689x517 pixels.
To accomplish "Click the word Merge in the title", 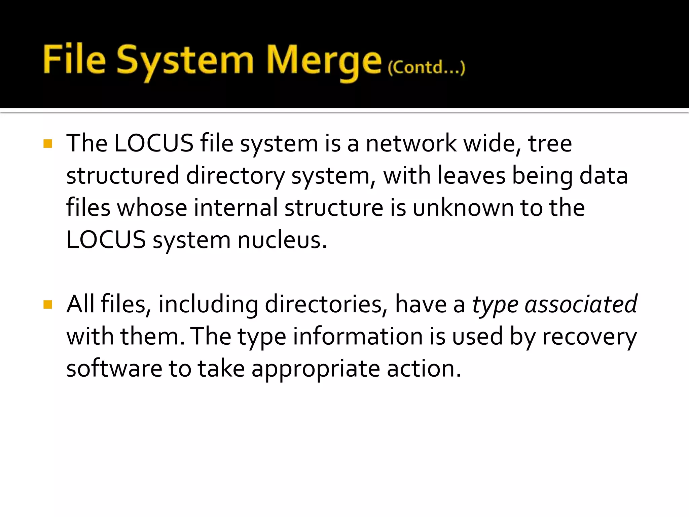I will (x=324, y=61).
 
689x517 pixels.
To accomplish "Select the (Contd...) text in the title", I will (x=426, y=68).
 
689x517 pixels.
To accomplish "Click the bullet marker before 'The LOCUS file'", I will (x=48, y=144).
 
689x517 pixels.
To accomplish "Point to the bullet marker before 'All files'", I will (x=48, y=305).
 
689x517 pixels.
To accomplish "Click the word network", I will (x=411, y=144).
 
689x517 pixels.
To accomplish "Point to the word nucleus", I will (x=282, y=240).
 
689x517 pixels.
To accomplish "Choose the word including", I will (x=208, y=304).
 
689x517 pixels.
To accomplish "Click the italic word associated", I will (x=581, y=304).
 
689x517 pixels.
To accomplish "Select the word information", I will (x=358, y=337).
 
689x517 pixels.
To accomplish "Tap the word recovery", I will (x=589, y=337).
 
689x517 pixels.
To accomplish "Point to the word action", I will (x=424, y=369).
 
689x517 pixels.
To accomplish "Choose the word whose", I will (x=152, y=208).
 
